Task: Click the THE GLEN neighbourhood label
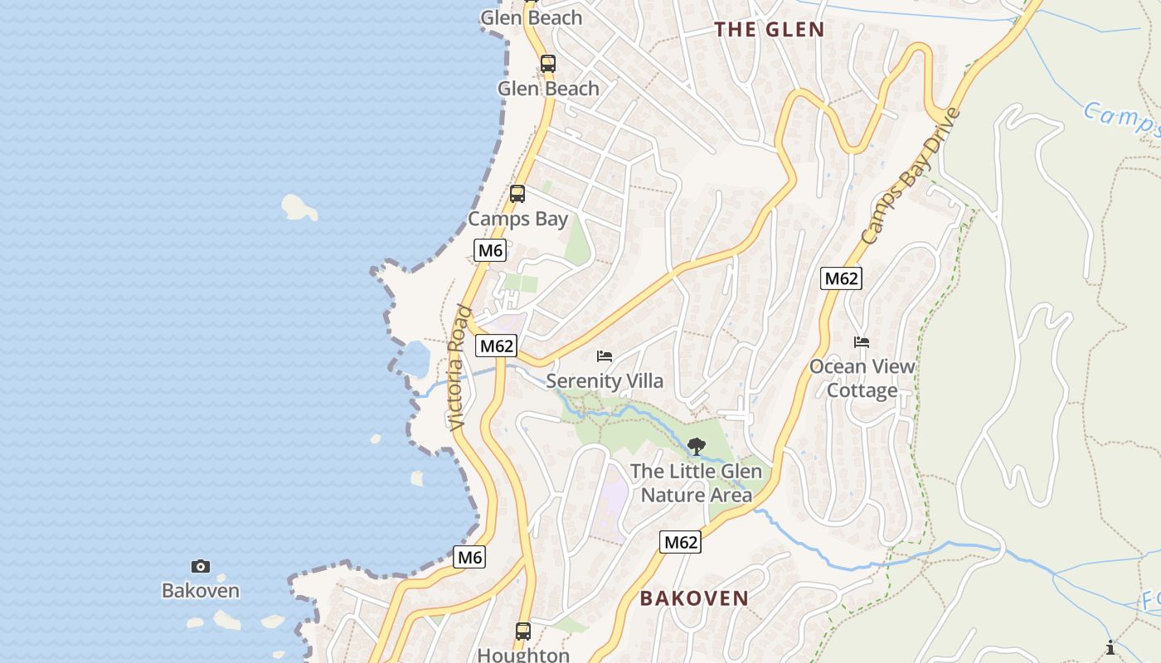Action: [x=770, y=30]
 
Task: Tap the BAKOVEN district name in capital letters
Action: [x=694, y=598]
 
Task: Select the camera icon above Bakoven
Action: [x=201, y=567]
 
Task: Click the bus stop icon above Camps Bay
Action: [x=517, y=194]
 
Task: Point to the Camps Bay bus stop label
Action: [x=517, y=219]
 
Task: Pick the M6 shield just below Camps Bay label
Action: [x=490, y=250]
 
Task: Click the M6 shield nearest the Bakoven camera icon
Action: [x=469, y=558]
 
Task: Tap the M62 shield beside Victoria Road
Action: [x=496, y=346]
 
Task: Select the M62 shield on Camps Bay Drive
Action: [x=841, y=278]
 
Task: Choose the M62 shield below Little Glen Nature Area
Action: [x=681, y=542]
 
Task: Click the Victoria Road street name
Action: [x=459, y=368]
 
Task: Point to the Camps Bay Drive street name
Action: [x=911, y=176]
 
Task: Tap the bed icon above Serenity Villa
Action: [x=605, y=356]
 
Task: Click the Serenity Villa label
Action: [x=605, y=380]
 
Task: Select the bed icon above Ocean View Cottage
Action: [x=862, y=341]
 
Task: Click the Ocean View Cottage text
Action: [x=862, y=378]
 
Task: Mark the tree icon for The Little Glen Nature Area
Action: [x=697, y=447]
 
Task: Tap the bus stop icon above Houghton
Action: [x=523, y=631]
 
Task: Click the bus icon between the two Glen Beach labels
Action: [x=547, y=63]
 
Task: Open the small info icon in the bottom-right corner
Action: [x=1110, y=647]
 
